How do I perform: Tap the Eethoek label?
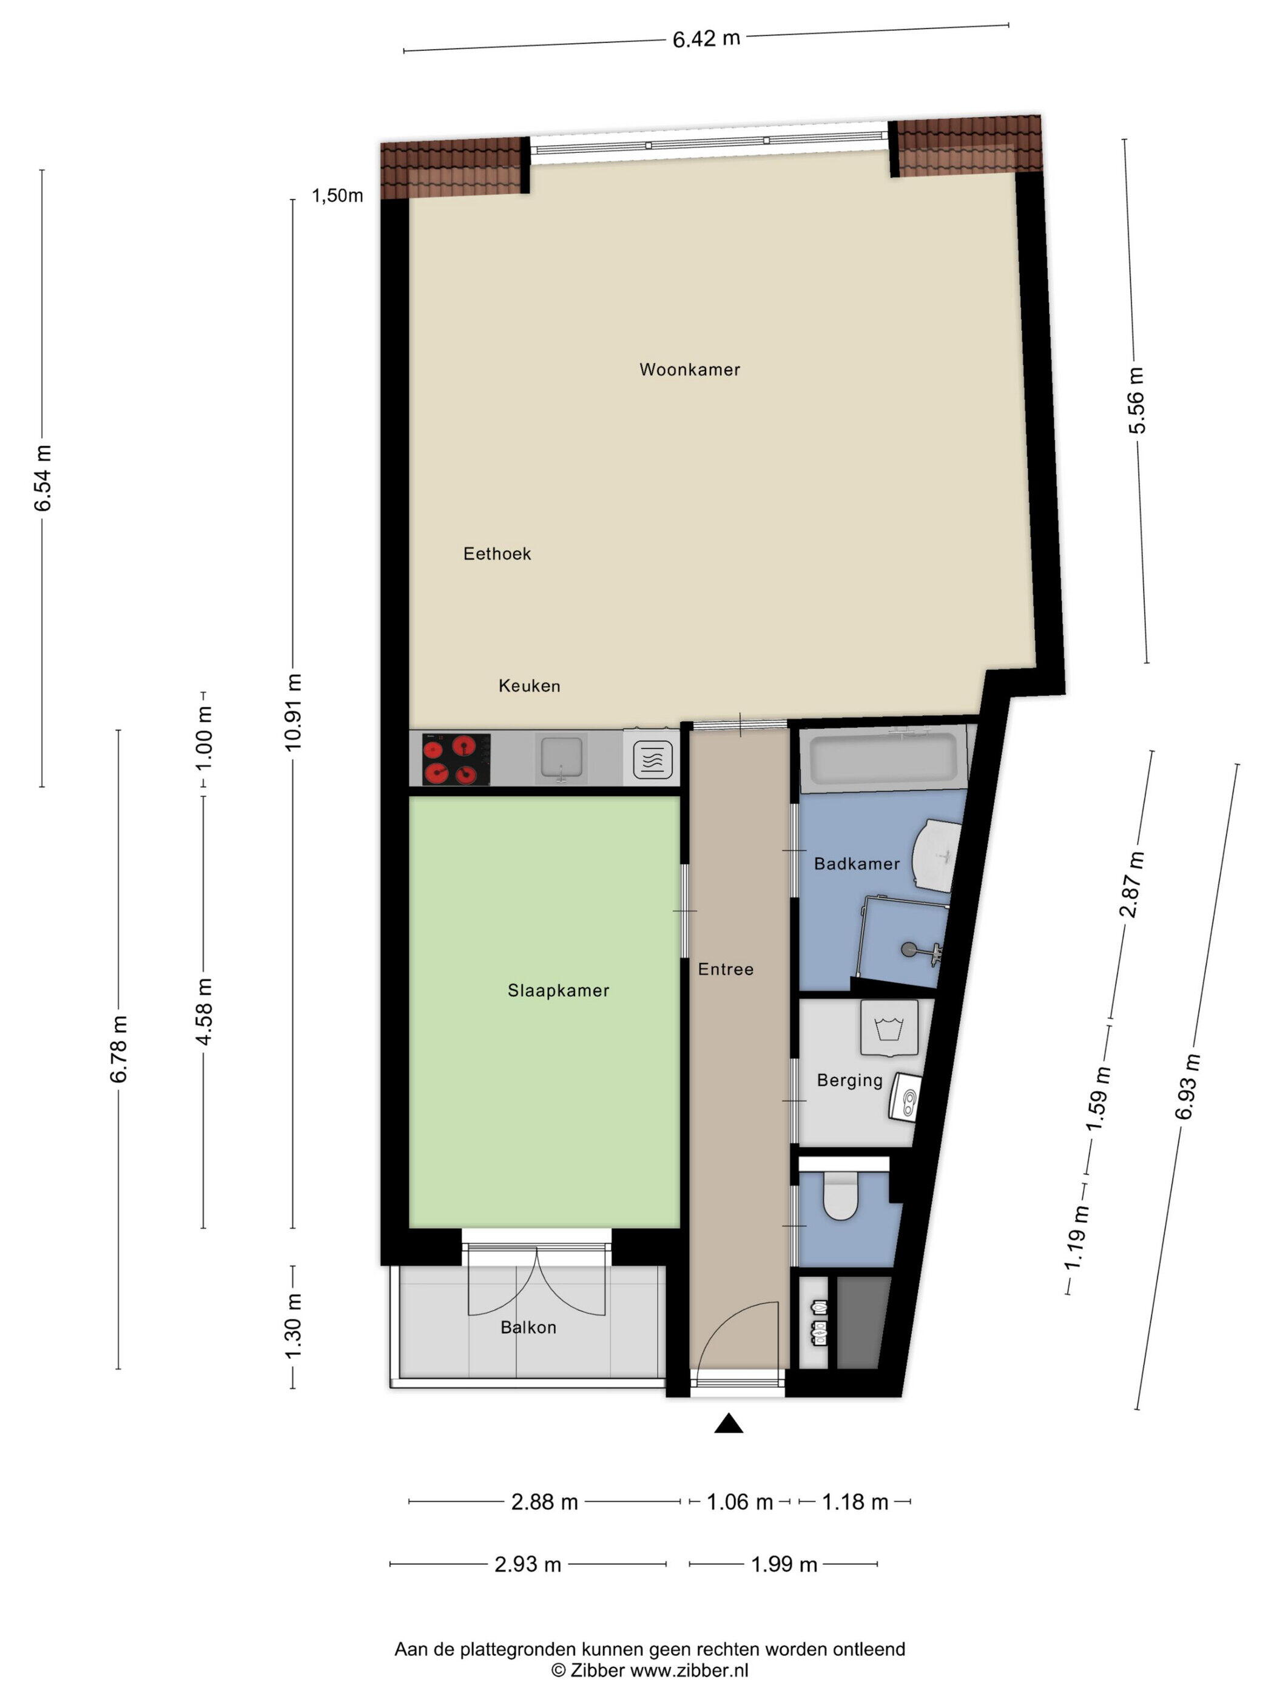coord(497,554)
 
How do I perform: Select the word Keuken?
coord(529,686)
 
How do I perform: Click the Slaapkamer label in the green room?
coord(558,991)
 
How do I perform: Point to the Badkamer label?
coord(857,864)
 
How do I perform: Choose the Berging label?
coord(850,1081)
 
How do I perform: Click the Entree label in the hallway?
coord(726,969)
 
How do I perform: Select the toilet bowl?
coord(840,1196)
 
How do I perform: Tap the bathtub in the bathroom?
coord(883,760)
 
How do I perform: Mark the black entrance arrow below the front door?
coord(729,1424)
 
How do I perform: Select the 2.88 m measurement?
coord(544,1502)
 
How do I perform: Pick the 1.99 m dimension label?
coord(784,1564)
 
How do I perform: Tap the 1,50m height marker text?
coord(337,196)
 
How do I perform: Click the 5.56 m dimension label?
coord(1136,400)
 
